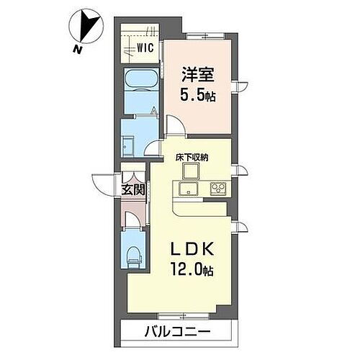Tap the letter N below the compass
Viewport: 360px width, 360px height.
[x=76, y=48]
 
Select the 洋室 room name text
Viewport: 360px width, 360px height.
[x=196, y=74]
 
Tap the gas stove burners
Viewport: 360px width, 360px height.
[x=217, y=189]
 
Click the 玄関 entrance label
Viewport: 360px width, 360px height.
[x=134, y=190]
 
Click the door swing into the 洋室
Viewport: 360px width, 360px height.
[x=175, y=124]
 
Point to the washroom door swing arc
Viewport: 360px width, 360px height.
[x=152, y=146]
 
